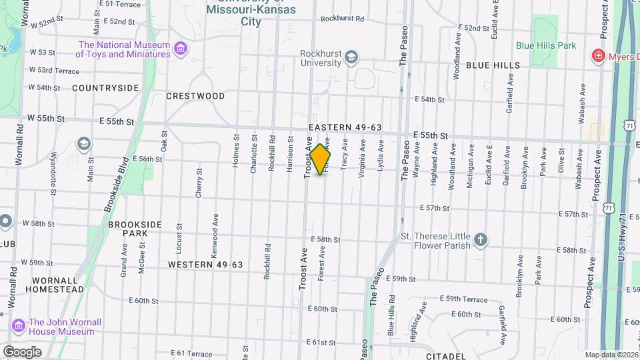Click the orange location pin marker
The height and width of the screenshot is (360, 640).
[321, 159]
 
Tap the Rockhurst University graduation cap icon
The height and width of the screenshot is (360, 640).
[351, 58]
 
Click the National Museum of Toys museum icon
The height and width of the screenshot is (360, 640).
[180, 49]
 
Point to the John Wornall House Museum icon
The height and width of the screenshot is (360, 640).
[19, 326]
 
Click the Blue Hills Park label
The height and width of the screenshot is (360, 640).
[545, 45]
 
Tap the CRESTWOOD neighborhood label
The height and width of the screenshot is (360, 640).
[195, 96]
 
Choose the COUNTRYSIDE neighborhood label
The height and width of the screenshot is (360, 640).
[105, 88]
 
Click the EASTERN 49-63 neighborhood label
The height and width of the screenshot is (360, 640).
[345, 127]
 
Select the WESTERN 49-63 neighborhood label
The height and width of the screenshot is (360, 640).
[205, 265]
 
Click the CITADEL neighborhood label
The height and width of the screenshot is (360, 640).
[445, 356]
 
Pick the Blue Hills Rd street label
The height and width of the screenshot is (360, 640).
[391, 315]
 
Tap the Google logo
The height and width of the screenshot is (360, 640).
[21, 352]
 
